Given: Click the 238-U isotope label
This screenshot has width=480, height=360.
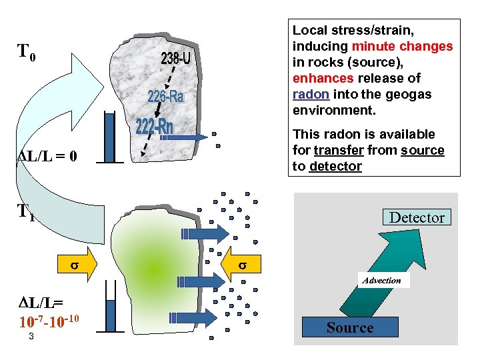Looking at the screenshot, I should coord(176,59).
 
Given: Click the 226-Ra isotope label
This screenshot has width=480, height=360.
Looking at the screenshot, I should coord(165,97).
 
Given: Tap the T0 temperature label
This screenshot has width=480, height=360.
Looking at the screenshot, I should coord(31,51).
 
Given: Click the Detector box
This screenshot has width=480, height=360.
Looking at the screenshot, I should coord(417,217).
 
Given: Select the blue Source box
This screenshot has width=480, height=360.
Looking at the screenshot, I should coord(350,327).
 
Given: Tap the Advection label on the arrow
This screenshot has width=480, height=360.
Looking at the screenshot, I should coord(381,281).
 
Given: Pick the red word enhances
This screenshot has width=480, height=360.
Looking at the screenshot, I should coord(316,78).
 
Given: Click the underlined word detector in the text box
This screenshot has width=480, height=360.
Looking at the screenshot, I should coord(336,166).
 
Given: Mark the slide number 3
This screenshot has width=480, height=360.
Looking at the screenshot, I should coord(31,337).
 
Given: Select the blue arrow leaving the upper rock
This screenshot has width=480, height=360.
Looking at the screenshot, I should coord(193,137).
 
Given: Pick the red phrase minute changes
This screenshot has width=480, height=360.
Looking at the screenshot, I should coord(402,46).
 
